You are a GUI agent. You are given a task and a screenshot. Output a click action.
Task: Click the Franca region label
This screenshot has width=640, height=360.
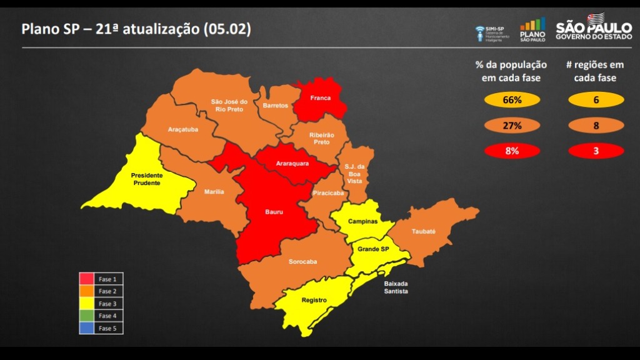coord(320,98)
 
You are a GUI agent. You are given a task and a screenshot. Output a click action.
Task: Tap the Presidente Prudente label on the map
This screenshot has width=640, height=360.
coord(147,179)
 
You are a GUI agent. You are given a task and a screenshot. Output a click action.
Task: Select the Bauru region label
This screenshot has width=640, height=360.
coord(274,212)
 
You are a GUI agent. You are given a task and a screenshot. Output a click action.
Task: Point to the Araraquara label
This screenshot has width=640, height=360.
coord(292,164)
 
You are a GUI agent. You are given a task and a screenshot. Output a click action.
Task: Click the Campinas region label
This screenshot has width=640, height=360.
coord(362,221)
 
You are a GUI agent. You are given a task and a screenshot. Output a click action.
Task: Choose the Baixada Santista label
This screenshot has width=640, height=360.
coord(396,287)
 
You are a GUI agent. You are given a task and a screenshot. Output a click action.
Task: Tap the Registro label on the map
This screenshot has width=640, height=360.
coord(314,300)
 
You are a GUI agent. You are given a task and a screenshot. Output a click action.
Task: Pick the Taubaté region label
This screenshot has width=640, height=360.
coord(423,231)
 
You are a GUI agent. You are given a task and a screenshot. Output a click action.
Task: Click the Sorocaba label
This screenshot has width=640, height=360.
coord(302,261)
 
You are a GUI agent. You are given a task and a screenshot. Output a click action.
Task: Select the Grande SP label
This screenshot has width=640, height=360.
coord(372,249)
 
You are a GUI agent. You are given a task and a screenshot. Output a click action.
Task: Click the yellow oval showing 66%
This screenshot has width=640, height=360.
coord(512,100)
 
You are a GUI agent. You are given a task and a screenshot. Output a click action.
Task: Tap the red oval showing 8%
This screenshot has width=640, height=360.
coord(512,151)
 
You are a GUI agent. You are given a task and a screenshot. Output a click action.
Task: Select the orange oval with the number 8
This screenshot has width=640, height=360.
coord(596,126)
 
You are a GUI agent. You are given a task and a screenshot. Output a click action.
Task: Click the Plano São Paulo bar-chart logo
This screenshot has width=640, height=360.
coord(532,29)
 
